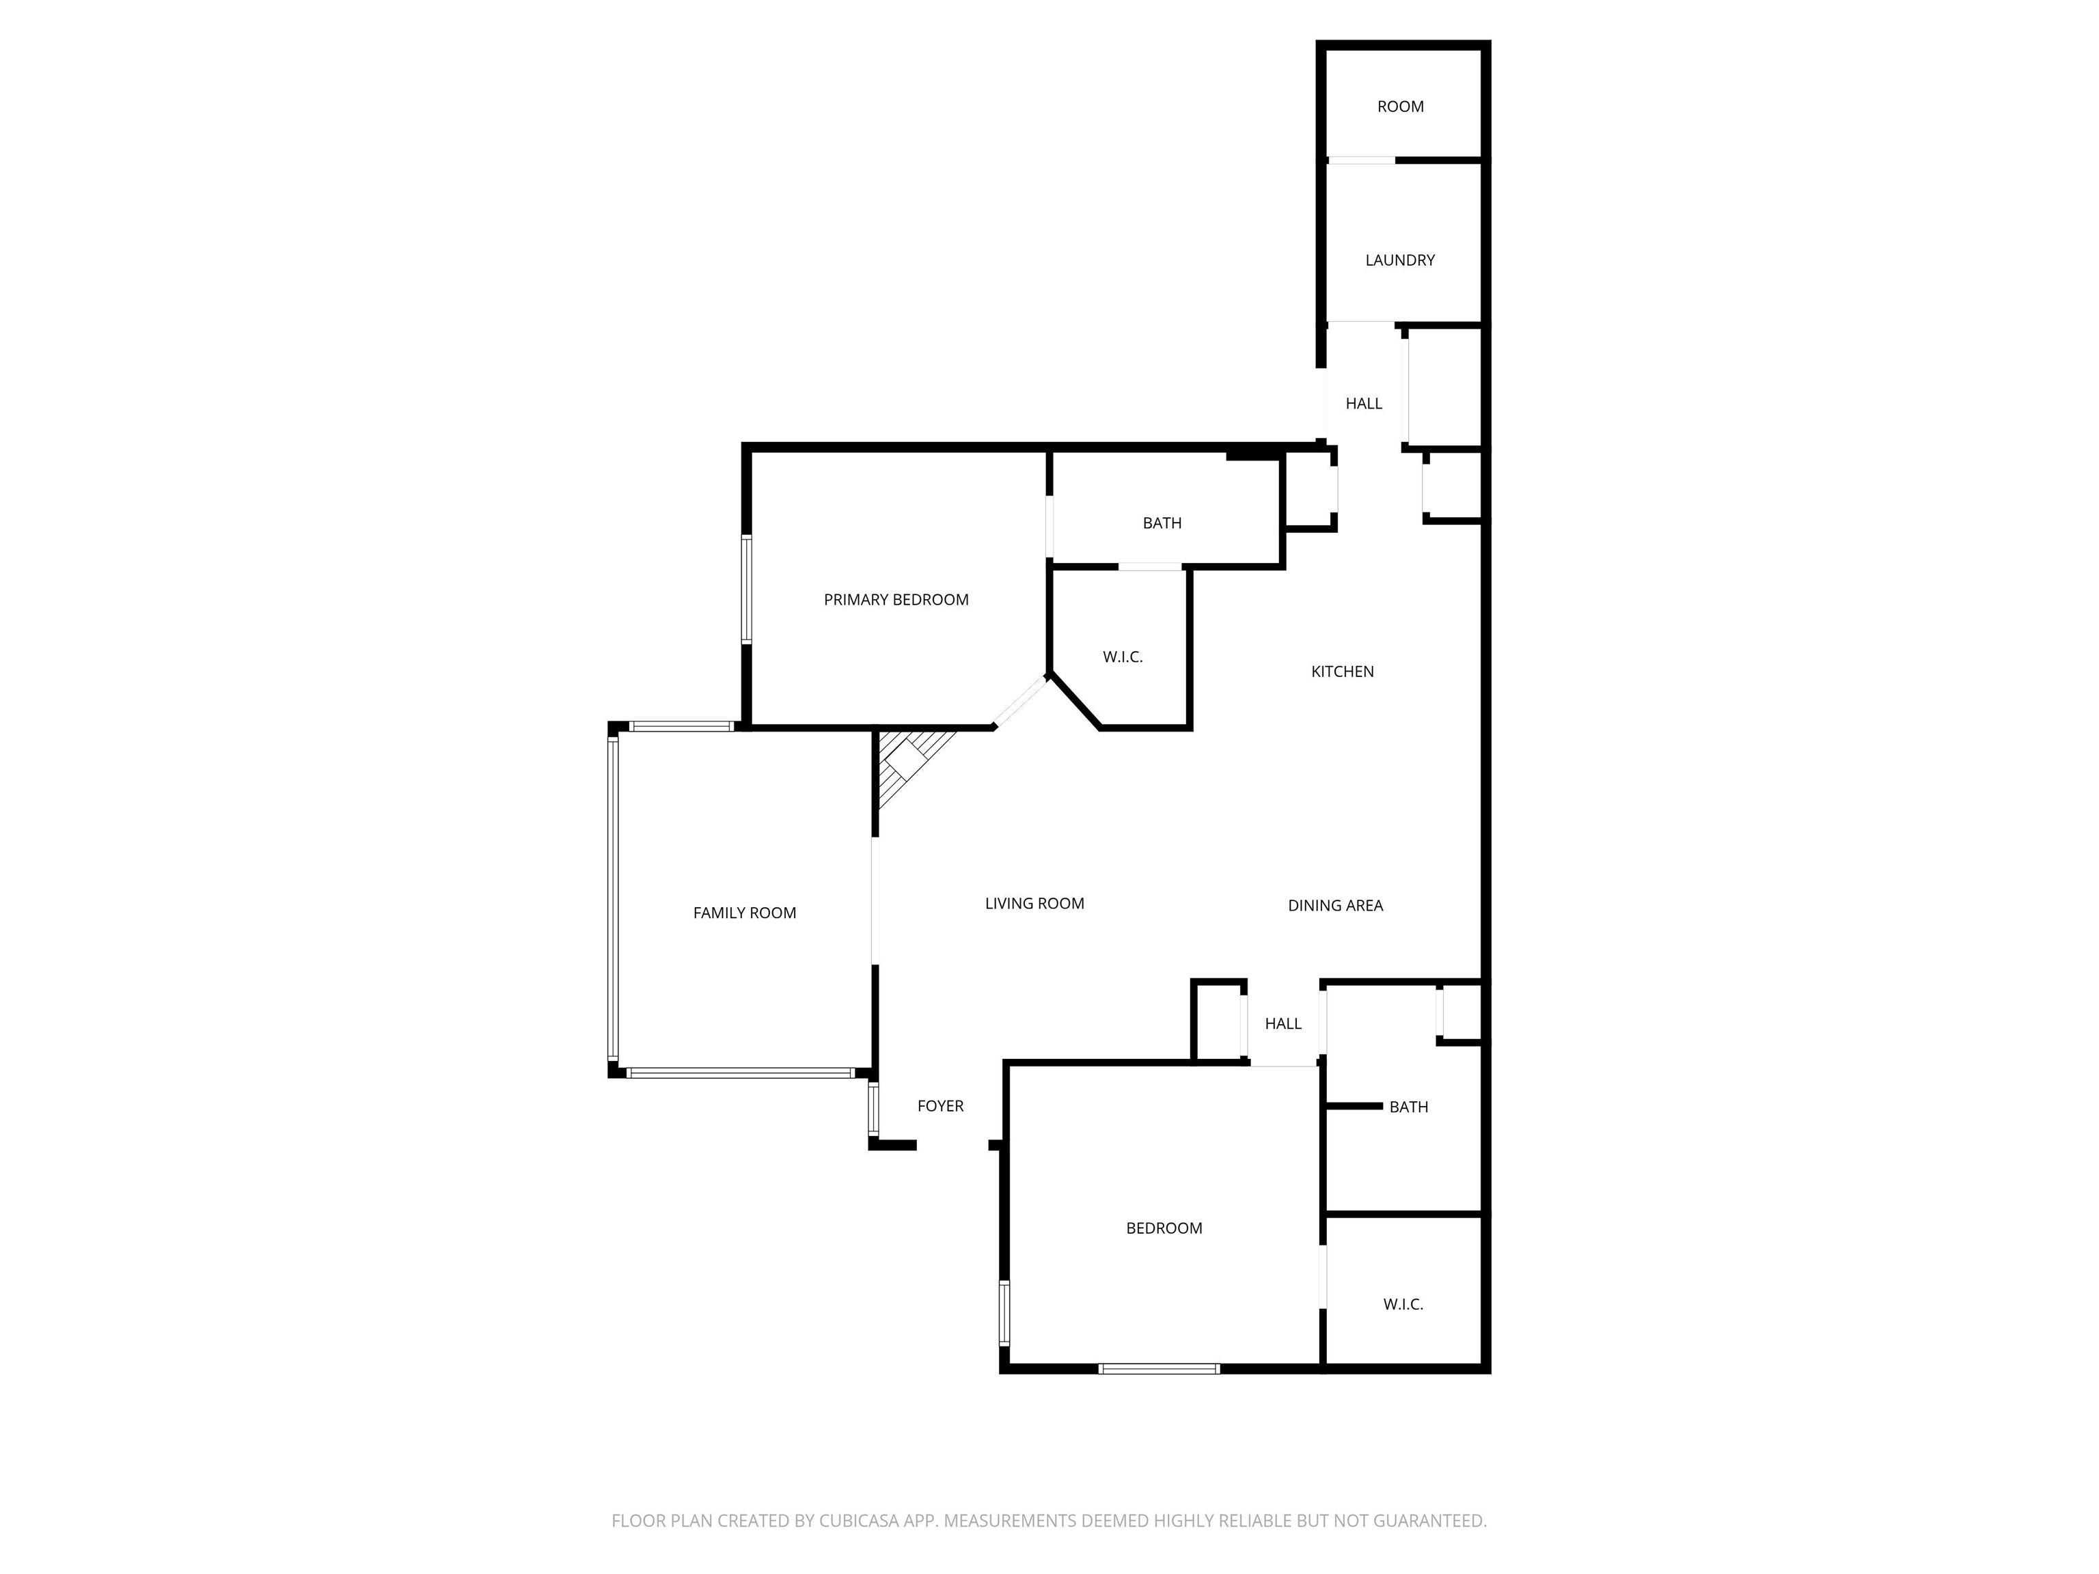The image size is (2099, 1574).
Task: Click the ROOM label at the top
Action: (1401, 107)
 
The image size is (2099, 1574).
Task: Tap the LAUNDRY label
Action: (1399, 260)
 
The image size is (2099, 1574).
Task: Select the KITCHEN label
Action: (1342, 672)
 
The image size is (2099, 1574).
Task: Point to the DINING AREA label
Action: (1335, 906)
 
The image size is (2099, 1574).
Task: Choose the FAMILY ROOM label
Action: (744, 913)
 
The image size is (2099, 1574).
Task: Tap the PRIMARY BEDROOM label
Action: (896, 600)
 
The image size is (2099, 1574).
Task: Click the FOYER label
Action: (940, 1106)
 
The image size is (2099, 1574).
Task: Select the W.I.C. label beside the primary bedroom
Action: (1123, 657)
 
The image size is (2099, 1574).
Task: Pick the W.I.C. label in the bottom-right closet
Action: (1403, 1305)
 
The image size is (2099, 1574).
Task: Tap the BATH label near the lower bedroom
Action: (1408, 1107)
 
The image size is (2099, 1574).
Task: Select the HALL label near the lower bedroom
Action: (1283, 1024)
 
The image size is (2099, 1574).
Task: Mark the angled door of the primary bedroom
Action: (1020, 701)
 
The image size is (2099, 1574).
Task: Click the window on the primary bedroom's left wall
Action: (747, 589)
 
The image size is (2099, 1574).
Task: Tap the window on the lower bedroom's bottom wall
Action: (1159, 1368)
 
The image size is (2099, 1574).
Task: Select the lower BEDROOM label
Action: (1164, 1228)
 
